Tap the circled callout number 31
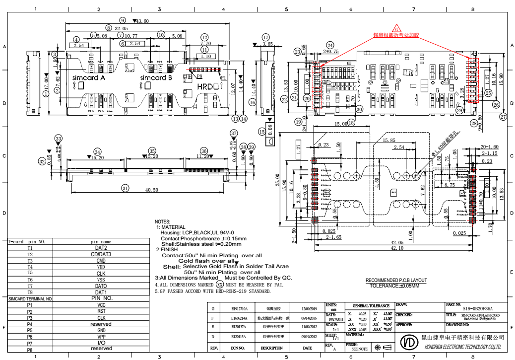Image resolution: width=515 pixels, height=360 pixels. [125, 188]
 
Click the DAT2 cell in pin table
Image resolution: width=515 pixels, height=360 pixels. [101, 248]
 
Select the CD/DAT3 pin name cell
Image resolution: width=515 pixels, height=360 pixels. [101, 254]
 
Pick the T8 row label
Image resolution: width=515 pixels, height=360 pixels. [30, 292]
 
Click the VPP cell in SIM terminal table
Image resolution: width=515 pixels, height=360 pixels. [101, 337]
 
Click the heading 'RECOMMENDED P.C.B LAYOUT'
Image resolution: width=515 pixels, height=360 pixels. [396, 281]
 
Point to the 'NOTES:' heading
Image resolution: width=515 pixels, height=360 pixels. [162, 221]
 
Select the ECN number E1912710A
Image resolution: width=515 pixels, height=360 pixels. [239, 308]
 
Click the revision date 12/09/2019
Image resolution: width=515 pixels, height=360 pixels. [310, 308]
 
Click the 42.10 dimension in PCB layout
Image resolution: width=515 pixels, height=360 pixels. [397, 248]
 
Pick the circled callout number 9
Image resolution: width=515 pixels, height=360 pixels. [123, 20]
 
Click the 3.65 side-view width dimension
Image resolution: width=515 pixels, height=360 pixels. [267, 44]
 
